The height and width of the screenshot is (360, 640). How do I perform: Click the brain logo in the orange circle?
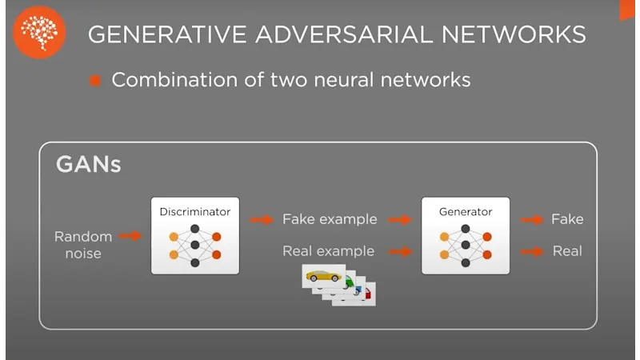point(40,33)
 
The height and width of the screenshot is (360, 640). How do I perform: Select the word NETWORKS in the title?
point(524,34)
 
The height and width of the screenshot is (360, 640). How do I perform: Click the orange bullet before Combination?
point(95,81)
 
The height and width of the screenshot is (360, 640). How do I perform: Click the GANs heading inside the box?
point(88,165)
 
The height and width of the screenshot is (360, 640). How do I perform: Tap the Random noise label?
point(78,244)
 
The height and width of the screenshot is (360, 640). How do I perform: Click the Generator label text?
point(466,212)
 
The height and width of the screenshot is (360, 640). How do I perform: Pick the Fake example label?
point(330,219)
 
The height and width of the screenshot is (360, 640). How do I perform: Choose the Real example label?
point(328,251)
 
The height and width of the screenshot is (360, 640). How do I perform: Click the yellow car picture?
point(323,277)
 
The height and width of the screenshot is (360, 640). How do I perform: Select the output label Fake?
point(567,219)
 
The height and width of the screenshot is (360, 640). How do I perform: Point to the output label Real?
point(567,251)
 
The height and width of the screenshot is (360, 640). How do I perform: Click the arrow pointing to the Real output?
point(531,251)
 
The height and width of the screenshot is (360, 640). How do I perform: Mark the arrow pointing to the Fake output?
point(531,219)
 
